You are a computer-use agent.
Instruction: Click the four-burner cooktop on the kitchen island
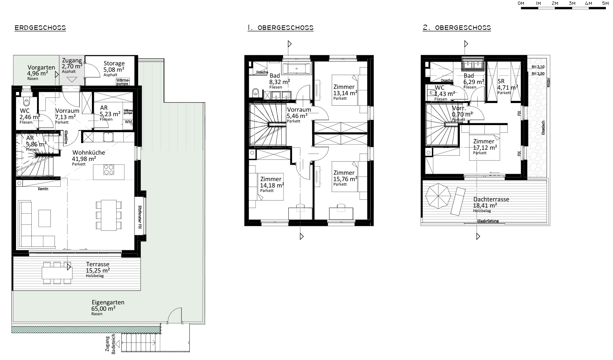coord(109,170)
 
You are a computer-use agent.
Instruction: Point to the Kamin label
coord(43,189)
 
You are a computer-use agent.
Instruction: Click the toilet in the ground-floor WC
coord(26,102)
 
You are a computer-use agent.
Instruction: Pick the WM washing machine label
coord(129,122)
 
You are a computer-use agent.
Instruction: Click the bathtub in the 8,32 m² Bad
coord(295,68)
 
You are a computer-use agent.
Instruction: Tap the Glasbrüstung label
coord(487,221)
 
